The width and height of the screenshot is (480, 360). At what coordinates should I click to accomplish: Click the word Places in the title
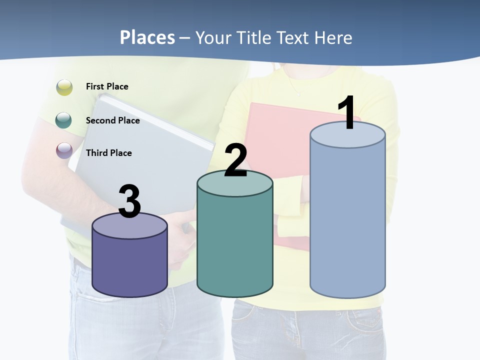(147, 37)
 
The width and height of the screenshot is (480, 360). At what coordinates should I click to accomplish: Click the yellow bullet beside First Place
(64, 87)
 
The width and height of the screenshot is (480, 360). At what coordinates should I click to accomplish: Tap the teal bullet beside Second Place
(64, 120)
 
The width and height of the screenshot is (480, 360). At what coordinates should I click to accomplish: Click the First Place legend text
(107, 86)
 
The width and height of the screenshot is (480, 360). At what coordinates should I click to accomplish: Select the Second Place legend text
(112, 120)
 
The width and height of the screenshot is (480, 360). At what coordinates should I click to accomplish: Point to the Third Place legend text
(108, 153)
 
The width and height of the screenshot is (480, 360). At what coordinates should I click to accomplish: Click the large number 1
(347, 113)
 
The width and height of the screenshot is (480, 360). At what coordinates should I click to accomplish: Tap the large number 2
(235, 160)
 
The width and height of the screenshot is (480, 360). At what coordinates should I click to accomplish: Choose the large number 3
(130, 201)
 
